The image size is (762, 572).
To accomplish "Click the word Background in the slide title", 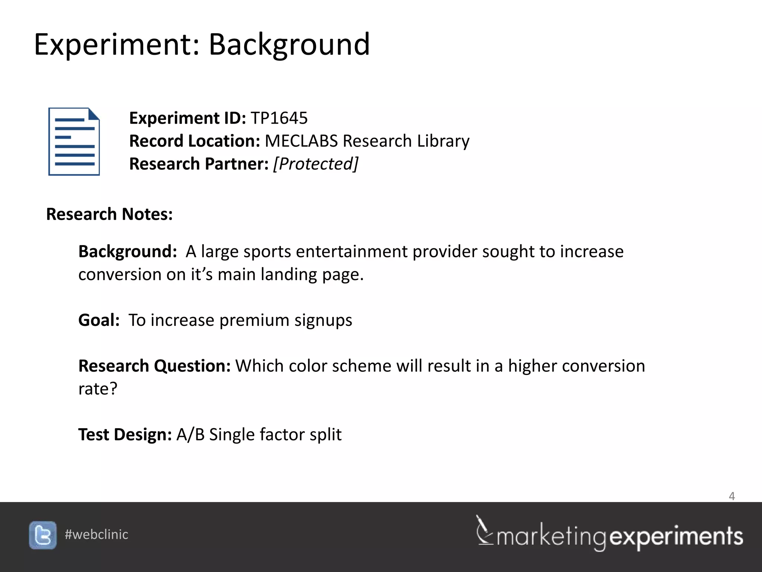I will click(x=289, y=45).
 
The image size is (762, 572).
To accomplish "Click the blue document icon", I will click(x=74, y=142).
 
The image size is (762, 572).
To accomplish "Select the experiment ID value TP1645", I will click(x=279, y=118).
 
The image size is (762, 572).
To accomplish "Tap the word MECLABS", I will click(x=301, y=141).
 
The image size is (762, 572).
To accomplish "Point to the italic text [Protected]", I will click(x=316, y=164).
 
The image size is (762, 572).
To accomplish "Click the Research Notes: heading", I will click(x=109, y=214).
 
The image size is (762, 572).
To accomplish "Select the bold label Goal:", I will click(x=99, y=320).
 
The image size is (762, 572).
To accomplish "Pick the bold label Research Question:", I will click(x=154, y=366).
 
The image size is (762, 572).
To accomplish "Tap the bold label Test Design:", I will click(x=125, y=435).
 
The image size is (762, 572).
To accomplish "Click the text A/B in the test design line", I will click(x=190, y=435).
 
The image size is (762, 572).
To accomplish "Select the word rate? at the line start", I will click(x=98, y=389).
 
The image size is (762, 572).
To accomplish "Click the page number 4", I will click(x=731, y=496).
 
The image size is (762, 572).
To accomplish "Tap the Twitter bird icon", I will click(x=43, y=535).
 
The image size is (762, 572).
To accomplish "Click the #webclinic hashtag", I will click(x=96, y=535).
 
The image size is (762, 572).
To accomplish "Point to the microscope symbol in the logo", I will click(x=484, y=530).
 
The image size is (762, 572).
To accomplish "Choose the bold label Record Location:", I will click(x=194, y=141).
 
